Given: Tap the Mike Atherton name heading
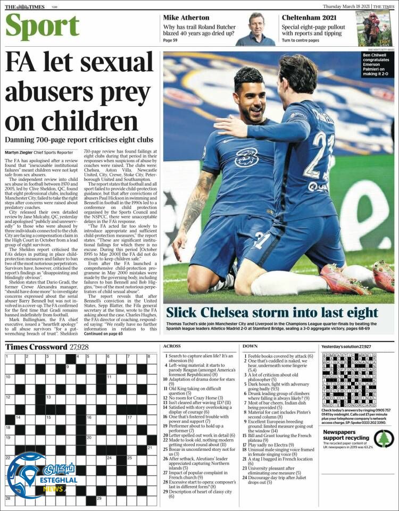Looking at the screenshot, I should (186, 18).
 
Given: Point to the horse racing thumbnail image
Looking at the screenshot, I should (373, 28).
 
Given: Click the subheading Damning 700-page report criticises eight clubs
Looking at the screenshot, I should (79, 139).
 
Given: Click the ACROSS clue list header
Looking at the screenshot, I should (172, 347).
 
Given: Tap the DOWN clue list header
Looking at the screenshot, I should (250, 347).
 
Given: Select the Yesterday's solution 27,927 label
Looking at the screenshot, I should (346, 347).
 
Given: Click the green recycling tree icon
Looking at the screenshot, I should (382, 439).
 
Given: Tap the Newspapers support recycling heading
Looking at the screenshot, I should (343, 435).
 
